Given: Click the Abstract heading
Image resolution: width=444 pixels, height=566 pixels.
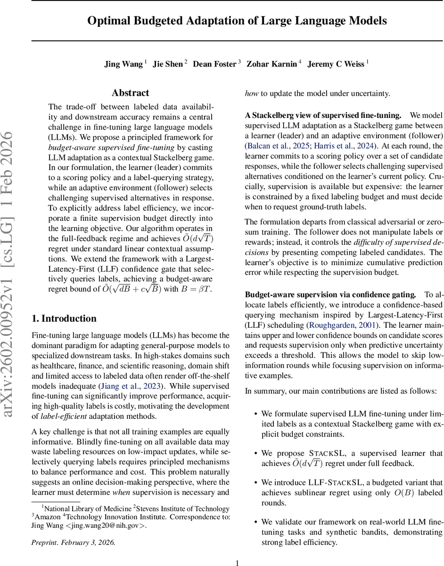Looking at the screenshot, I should coord(131,93).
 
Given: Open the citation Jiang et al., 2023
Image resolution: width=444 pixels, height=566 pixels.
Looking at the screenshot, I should coord(140,386).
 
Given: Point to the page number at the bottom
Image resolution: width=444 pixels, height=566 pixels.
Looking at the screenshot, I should coord(237,562).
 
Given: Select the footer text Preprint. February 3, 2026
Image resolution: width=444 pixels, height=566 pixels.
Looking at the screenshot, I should coord(73,542).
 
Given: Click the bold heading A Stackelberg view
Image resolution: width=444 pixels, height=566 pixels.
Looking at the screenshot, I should coord(322,115).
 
